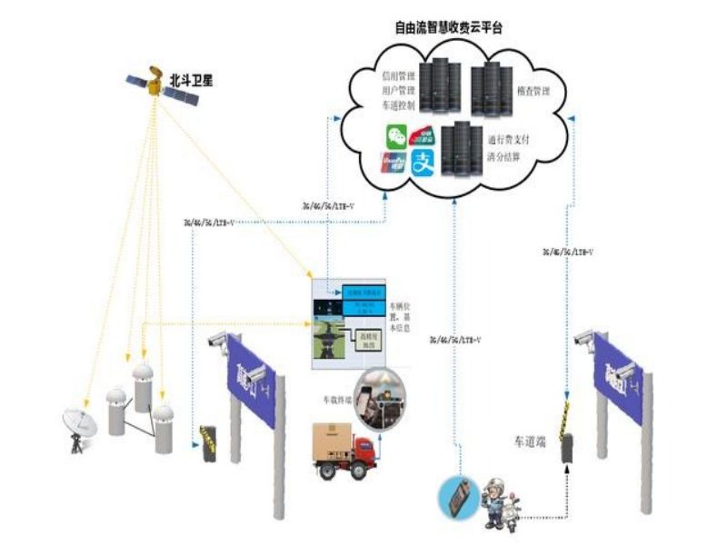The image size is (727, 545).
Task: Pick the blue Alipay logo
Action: [x=423, y=163]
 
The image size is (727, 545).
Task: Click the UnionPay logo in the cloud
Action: [x=393, y=163]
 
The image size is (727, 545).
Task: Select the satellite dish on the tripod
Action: [x=79, y=426]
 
